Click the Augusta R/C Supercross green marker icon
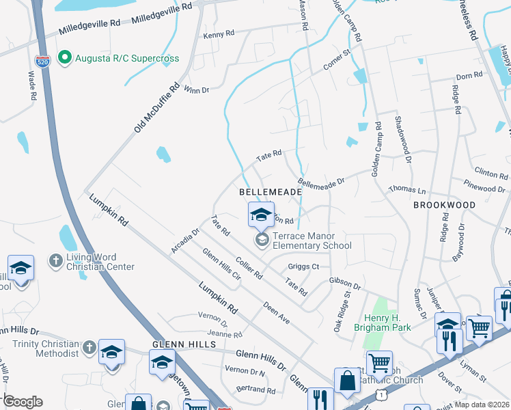[x=65, y=57]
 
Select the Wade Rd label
[x=31, y=85]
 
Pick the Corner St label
[x=336, y=60]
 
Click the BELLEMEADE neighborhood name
[x=270, y=193]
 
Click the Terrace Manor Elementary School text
[x=312, y=241]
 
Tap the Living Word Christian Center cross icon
[x=55, y=261]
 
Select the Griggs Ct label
[x=304, y=266]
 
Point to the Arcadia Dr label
[x=184, y=241]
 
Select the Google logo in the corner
[x=22, y=401]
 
